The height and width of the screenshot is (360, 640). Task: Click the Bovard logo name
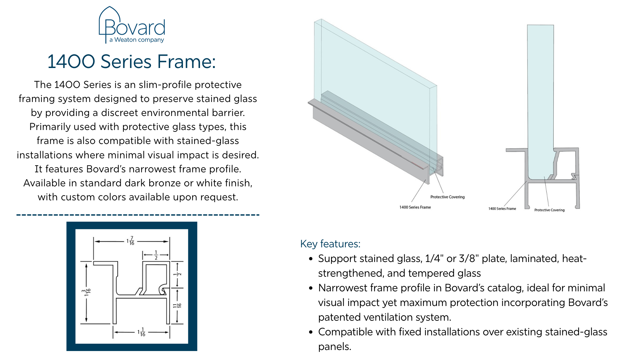[135, 27]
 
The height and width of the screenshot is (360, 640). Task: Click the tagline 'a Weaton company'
[137, 40]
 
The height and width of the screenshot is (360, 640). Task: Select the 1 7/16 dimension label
[131, 241]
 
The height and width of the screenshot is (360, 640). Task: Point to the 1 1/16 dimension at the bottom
[142, 332]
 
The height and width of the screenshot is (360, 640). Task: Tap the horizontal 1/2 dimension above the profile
[156, 255]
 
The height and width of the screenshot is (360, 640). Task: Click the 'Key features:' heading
[330, 244]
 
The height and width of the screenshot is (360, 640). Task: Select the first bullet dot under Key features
[311, 259]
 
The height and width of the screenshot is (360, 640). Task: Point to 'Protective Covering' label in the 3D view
[447, 197]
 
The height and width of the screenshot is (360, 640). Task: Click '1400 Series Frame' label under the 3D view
[415, 207]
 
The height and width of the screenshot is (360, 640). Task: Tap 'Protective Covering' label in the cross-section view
[549, 210]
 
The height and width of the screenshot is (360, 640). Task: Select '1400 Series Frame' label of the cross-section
[502, 209]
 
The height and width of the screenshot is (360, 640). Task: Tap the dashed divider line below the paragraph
[138, 215]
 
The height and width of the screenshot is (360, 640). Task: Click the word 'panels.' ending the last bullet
[335, 347]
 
